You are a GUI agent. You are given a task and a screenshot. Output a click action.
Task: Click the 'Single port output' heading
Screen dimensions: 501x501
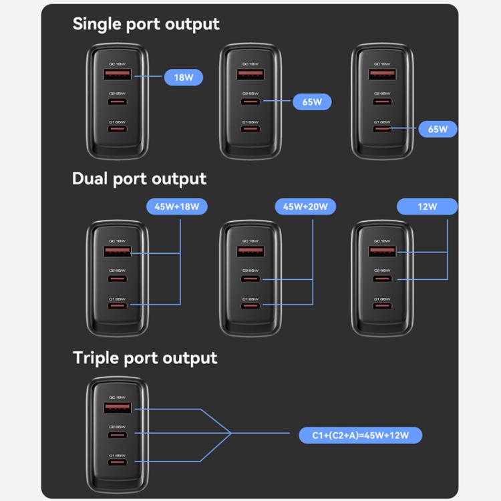(x=146, y=23)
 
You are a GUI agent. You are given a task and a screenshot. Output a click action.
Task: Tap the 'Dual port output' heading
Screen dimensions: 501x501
(x=139, y=179)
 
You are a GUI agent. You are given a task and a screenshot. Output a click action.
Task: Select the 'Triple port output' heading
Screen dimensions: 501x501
(x=145, y=358)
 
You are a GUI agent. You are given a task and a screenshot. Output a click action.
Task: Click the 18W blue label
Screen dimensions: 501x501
(x=184, y=77)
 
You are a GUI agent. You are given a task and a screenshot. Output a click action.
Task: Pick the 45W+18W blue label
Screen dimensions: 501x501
(x=177, y=206)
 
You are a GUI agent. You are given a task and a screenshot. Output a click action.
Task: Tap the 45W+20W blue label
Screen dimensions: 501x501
(x=305, y=206)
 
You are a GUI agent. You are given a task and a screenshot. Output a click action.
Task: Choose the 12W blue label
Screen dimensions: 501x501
(x=428, y=206)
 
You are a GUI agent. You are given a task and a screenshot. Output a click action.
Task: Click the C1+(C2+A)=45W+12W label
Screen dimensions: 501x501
(x=360, y=436)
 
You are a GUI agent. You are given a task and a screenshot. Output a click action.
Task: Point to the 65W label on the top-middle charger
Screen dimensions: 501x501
(x=312, y=102)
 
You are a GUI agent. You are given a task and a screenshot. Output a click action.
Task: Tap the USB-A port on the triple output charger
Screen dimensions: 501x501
(x=117, y=407)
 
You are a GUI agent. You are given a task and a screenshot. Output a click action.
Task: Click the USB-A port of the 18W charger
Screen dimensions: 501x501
(x=117, y=74)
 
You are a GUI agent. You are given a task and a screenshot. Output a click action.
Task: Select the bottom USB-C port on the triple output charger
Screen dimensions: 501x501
(x=117, y=462)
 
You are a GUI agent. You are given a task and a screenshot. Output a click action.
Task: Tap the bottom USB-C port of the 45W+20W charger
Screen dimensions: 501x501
(x=249, y=306)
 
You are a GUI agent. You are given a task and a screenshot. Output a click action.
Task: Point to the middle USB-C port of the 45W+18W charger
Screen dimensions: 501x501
(x=117, y=279)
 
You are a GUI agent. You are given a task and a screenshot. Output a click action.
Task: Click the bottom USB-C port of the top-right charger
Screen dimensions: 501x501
(x=381, y=128)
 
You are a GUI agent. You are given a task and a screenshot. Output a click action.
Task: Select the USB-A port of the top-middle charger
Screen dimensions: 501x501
(x=249, y=74)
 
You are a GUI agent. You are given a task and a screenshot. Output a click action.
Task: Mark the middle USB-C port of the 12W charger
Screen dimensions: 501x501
(x=381, y=279)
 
